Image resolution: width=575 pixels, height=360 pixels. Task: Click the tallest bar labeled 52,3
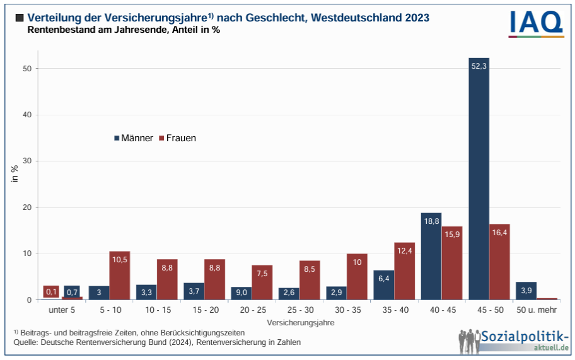click(479, 179)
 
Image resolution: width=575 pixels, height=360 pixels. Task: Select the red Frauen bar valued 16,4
click(499, 262)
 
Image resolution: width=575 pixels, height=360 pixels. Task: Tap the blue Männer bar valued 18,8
click(431, 257)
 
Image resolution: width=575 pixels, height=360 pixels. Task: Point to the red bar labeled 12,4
click(404, 271)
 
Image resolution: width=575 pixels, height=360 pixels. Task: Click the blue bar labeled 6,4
click(384, 285)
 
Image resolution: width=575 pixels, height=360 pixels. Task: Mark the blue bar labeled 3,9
click(526, 291)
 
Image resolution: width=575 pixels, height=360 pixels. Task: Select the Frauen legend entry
click(177, 138)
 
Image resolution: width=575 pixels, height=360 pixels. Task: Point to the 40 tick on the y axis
click(27, 115)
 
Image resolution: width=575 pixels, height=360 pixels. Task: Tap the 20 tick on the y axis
click(27, 207)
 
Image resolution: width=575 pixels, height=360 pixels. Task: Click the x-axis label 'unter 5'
click(61, 310)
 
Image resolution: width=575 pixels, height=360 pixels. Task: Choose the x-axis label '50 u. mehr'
click(537, 310)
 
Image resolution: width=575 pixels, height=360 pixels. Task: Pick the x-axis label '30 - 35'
click(347, 310)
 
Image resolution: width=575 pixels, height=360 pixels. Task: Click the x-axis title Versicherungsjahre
click(300, 322)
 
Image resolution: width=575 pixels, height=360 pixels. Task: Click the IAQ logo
click(536, 23)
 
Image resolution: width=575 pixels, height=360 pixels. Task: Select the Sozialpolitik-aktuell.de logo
click(514, 340)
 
